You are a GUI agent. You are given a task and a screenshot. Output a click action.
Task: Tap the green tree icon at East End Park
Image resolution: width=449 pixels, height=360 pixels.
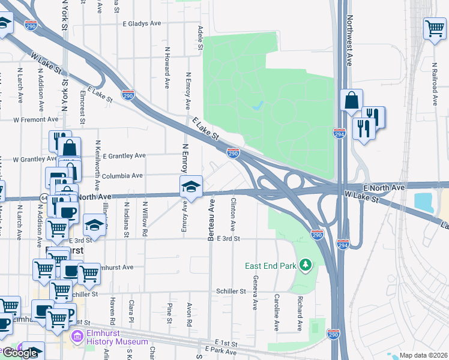point(306,265)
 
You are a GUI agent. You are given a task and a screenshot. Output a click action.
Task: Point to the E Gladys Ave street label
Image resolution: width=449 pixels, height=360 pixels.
point(142,24)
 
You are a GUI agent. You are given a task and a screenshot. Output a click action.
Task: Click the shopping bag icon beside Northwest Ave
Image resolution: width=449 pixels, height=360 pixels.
point(351,100)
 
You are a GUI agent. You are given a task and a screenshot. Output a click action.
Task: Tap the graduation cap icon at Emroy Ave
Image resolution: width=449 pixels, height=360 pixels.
point(191,186)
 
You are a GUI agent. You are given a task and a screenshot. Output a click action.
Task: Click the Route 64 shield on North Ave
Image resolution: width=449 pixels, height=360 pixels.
point(44,197)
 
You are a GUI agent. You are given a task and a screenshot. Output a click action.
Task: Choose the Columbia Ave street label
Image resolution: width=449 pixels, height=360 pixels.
point(122,176)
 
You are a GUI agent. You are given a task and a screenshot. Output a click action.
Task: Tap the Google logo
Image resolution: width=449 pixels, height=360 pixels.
point(20,353)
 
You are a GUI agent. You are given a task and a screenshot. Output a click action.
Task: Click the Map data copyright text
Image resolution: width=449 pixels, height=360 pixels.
point(424,355)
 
